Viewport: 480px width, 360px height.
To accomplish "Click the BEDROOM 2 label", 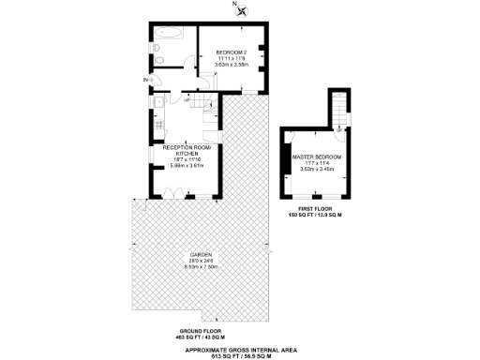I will pos(231,52).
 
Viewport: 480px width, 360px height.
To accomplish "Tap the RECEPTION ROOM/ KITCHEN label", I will pos(187,150).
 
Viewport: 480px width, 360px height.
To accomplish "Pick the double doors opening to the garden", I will pos(174,193).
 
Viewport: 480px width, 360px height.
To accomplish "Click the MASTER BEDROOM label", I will pos(316,157).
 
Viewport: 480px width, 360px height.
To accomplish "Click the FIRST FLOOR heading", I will pos(315,209).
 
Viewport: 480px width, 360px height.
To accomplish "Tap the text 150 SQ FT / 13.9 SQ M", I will pos(315,216).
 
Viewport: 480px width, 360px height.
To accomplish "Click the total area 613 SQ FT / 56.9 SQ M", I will pos(240,355).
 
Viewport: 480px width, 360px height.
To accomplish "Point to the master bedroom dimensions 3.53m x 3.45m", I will pos(316,170).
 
